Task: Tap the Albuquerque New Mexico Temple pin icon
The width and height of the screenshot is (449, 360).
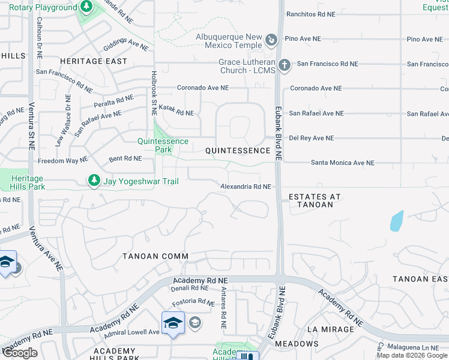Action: [272, 41]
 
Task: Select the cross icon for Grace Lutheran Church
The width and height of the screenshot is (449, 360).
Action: [285, 65]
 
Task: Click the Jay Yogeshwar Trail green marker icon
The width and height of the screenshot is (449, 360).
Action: [94, 180]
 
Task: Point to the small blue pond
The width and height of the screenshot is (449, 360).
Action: [396, 221]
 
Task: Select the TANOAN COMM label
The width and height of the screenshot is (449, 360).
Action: [155, 256]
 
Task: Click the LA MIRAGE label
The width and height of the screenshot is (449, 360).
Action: [330, 329]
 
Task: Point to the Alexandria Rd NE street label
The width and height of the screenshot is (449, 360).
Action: [246, 187]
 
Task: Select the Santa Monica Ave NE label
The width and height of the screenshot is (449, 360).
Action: [342, 163]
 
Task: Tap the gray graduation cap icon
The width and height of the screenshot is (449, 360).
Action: [194, 323]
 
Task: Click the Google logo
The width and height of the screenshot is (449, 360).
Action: [20, 353]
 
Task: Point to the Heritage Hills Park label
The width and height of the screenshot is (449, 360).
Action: [27, 183]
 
